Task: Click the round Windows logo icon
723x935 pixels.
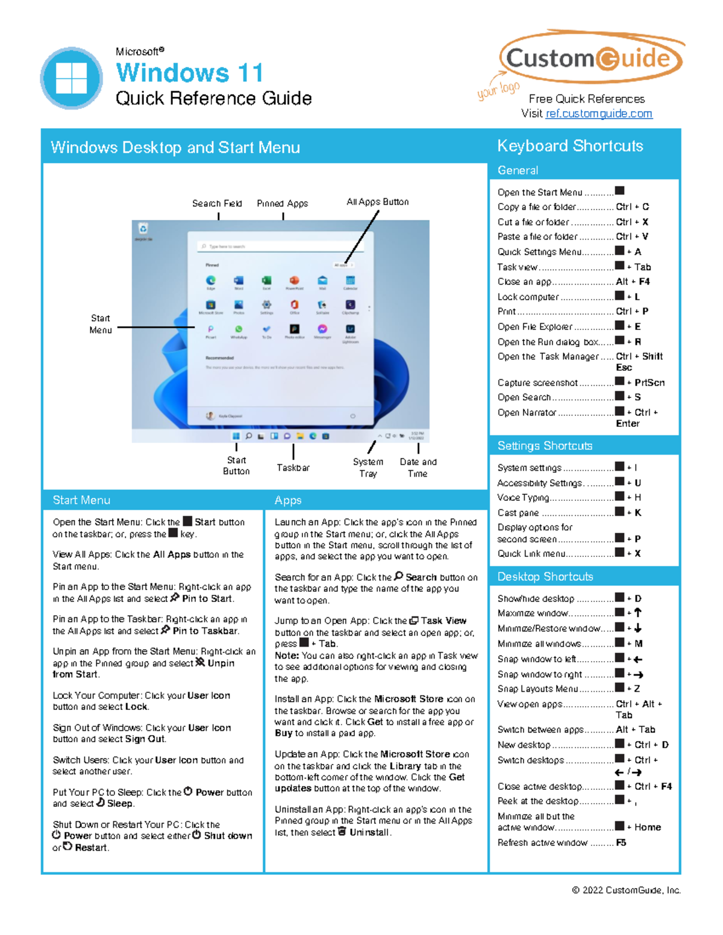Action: pyautogui.click(x=72, y=78)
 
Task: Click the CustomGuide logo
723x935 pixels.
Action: pyautogui.click(x=590, y=58)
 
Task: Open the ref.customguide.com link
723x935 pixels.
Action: pyautogui.click(x=598, y=114)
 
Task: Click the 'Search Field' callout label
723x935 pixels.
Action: pyautogui.click(x=217, y=203)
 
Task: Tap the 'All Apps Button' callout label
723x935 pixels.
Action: pyautogui.click(x=377, y=202)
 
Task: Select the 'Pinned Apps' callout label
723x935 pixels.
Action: pyautogui.click(x=282, y=203)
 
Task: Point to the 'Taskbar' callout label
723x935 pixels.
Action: pyautogui.click(x=293, y=468)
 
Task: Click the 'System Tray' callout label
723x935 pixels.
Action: pyautogui.click(x=368, y=467)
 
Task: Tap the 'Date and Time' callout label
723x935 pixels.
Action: pyautogui.click(x=418, y=467)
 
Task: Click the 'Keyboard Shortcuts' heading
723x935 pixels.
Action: pyautogui.click(x=570, y=146)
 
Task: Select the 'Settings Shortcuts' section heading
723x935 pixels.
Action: pyautogui.click(x=545, y=446)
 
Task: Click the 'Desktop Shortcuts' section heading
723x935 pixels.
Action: pyautogui.click(x=545, y=577)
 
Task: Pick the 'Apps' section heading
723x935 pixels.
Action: pyautogui.click(x=288, y=500)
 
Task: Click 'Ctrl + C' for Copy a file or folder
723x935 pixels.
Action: pyautogui.click(x=632, y=207)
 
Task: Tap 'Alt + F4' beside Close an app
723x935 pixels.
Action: pyautogui.click(x=633, y=281)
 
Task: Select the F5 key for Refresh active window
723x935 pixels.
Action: pyautogui.click(x=621, y=843)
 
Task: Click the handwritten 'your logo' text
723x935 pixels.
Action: pyautogui.click(x=498, y=89)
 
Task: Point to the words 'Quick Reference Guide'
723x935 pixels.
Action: pyautogui.click(x=214, y=98)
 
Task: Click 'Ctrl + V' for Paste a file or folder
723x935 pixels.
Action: pyautogui.click(x=632, y=237)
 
